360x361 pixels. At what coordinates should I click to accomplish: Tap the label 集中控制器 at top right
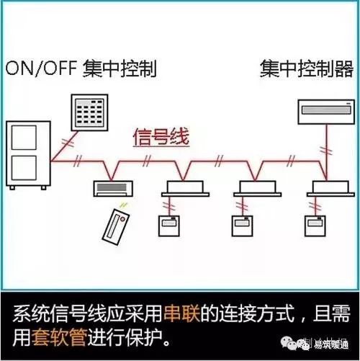307,69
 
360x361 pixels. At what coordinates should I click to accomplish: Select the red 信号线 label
160,136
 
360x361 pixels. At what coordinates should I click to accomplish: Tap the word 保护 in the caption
151,335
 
